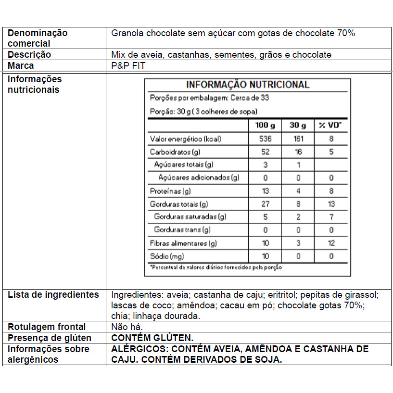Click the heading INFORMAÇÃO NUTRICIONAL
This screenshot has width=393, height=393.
coord(248,85)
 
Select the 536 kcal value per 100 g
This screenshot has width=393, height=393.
coord(265,139)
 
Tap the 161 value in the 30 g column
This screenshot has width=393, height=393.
coord(298,139)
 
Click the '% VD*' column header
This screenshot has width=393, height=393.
coord(330,126)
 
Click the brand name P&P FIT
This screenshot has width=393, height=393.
coord(128,66)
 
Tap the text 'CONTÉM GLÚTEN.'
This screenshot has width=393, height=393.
coord(152,338)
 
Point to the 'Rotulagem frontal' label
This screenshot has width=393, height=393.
coord(47,327)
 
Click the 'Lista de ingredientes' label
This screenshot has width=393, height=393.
coord(53,294)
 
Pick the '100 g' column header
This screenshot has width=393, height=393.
coord(265,126)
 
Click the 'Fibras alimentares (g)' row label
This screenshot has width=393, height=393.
coord(183,243)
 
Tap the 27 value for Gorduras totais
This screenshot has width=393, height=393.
coord(265,204)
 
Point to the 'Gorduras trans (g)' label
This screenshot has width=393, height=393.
coord(182,230)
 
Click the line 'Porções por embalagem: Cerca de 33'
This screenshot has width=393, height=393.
coord(209,98)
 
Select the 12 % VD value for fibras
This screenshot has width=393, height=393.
coord(330,243)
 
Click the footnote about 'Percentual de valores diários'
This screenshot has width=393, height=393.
coord(216,267)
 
